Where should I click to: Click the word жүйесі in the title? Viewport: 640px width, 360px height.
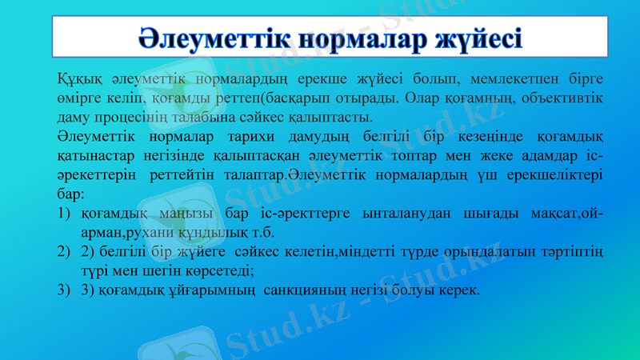478,38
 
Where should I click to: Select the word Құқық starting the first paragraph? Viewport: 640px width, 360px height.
78,79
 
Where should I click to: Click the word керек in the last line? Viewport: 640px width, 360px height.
461,290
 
